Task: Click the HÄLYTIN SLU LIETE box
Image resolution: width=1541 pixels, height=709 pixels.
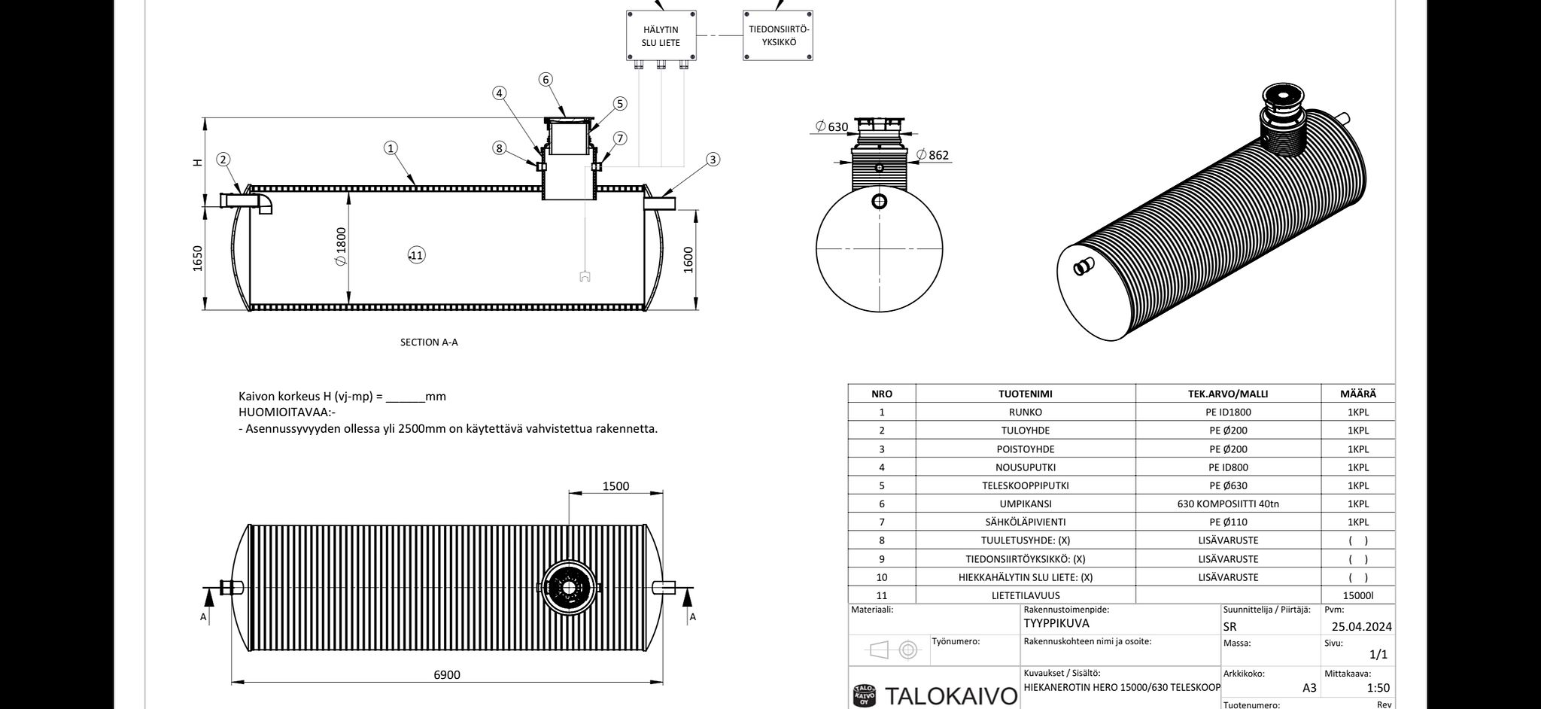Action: click(x=661, y=35)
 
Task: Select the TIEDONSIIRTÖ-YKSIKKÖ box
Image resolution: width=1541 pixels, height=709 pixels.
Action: click(x=778, y=35)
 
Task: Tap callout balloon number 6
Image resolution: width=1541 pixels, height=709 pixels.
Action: click(x=546, y=80)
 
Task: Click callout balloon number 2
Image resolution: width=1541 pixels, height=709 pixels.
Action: click(x=223, y=160)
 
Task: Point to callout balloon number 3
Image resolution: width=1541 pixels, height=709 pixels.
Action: click(x=713, y=160)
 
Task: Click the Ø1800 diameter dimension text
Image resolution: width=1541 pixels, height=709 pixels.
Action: click(x=341, y=246)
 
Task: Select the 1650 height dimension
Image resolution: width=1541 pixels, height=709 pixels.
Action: click(x=198, y=259)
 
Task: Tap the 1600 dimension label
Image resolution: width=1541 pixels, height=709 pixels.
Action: click(x=688, y=260)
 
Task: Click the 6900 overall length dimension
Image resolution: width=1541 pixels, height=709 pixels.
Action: click(x=447, y=674)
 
